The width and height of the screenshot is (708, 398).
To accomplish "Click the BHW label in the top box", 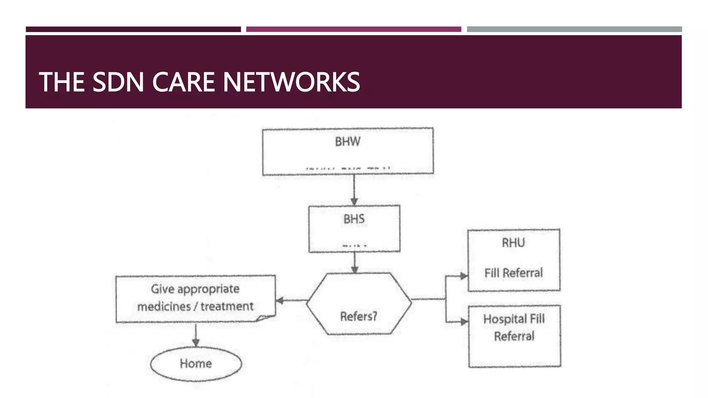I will pos(347,142).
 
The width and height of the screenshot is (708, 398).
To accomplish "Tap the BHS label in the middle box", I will pos(354,219).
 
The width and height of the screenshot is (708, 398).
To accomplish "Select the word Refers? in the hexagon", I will pos(358,316).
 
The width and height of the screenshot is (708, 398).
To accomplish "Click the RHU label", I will pos(513,243).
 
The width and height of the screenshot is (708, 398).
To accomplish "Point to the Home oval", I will pos(196,364).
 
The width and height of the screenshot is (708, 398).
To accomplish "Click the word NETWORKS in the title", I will pos(291,82).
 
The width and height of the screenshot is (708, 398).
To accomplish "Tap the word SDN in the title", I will pos(118,82).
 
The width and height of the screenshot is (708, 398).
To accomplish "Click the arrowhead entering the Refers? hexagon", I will pos(355,269).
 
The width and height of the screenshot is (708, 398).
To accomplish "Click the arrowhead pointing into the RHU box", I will pos(464,276).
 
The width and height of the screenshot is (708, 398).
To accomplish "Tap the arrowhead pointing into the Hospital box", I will pos(464,322).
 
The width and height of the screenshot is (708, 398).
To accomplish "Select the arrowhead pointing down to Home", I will pos(196,342).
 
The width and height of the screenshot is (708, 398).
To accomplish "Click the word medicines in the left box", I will pos(164,306).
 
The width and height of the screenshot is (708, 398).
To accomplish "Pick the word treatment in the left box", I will pos(227,306).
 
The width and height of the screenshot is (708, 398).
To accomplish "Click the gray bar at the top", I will pos(574,29).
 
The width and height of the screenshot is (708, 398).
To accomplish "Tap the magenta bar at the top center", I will pos(353,29).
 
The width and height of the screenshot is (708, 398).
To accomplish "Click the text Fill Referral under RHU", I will pos(513,273).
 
